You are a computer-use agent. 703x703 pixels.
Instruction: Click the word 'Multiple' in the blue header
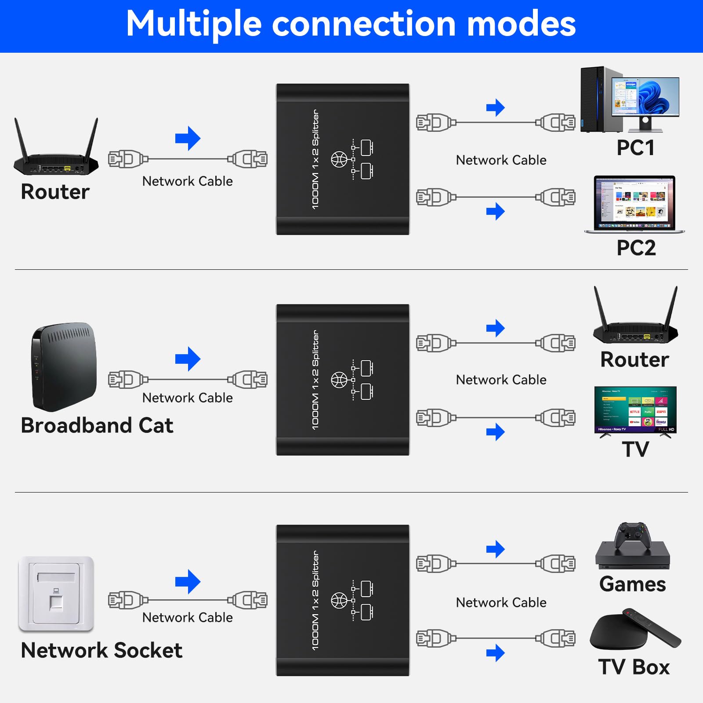point(194,24)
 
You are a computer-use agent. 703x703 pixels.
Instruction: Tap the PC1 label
point(635,148)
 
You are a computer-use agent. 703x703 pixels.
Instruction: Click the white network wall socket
point(56,594)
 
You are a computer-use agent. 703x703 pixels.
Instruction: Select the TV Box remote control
point(653,627)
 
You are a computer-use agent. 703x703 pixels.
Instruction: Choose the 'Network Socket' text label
point(101,650)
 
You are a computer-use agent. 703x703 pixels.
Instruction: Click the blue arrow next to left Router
point(188,138)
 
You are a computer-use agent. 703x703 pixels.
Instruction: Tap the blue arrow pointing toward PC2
point(495,211)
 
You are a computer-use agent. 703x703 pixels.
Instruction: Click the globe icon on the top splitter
point(339,159)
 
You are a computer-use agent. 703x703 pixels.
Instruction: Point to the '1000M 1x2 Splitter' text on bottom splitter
point(315,600)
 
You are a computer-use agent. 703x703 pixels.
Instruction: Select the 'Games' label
point(633,584)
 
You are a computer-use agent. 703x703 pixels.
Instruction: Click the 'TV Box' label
point(634,667)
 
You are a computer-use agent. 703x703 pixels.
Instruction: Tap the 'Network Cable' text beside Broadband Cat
point(188,398)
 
